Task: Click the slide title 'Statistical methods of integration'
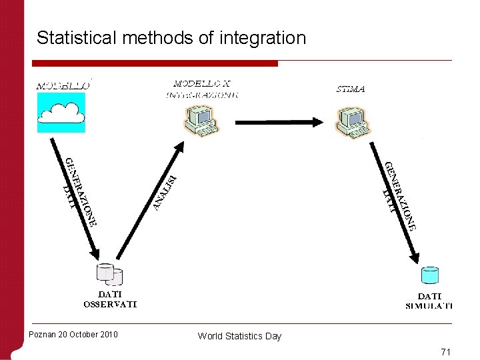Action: point(171,38)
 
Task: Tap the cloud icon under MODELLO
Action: point(61,113)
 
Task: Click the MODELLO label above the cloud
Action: point(62,86)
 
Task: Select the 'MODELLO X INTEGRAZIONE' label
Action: point(202,89)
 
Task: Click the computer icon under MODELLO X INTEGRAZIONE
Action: point(201,121)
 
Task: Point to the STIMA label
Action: point(349,89)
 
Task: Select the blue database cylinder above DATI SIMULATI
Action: point(430,275)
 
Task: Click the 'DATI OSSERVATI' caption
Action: point(110,299)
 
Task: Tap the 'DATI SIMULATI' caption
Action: point(429,301)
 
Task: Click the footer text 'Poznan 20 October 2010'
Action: point(73,334)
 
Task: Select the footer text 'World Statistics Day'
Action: point(239,336)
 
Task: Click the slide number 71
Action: point(446,351)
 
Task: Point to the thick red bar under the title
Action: point(155,63)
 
